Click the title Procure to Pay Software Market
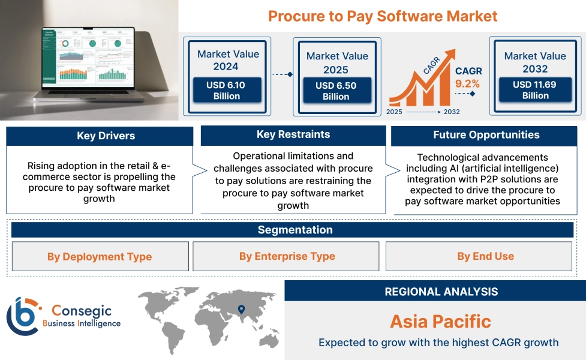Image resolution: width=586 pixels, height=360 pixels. pos(383,16)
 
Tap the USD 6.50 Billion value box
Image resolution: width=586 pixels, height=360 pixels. pos(336,91)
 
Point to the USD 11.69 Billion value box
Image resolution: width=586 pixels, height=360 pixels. pos(535,90)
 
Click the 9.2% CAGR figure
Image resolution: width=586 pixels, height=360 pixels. pos(467,83)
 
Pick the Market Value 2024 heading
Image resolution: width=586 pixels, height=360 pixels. pos(228,60)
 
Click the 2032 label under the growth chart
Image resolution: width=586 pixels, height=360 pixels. pos(451,112)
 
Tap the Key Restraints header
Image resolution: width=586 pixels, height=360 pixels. pos(293,134)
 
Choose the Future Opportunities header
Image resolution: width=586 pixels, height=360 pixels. pos(486,135)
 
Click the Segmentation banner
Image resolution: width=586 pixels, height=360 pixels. pos(294,230)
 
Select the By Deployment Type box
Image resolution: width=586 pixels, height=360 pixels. pos(100,257)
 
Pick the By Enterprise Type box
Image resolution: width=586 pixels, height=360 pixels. pos(287,256)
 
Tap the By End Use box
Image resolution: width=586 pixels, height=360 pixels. pos(485,256)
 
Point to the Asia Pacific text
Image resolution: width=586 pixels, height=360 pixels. pos(440,321)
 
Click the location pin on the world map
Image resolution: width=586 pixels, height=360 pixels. pos(241,310)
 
